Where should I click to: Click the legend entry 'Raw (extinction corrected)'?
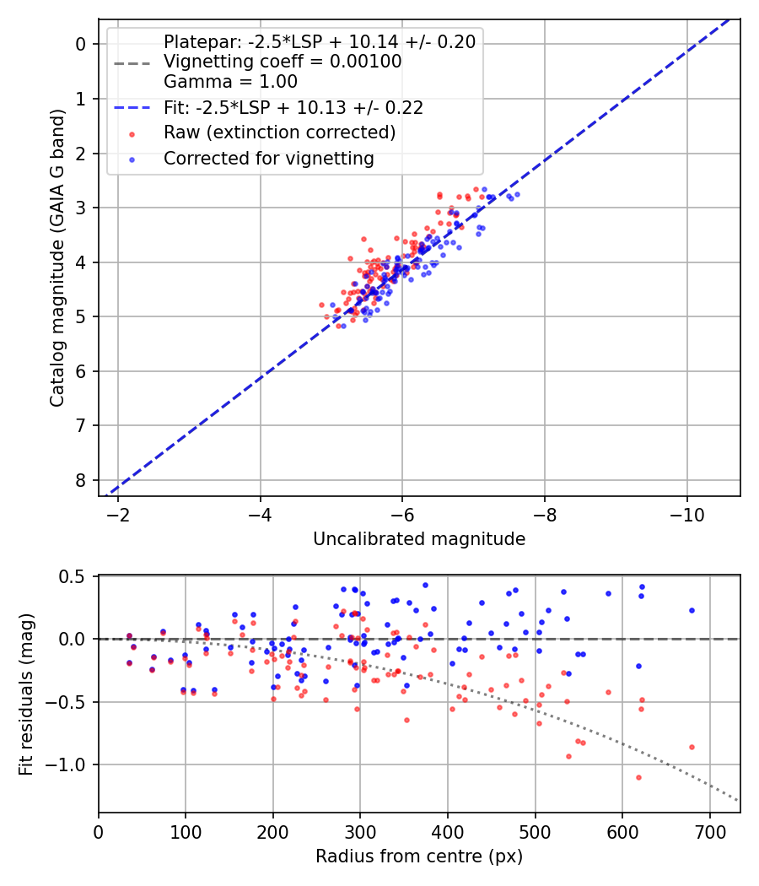pyautogui.click(x=279, y=132)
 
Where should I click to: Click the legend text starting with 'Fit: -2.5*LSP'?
pyautogui.click(x=293, y=107)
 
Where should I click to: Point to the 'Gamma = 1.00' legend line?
pyautogui.click(x=230, y=82)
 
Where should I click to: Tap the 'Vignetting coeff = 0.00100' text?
pyautogui.click(x=283, y=62)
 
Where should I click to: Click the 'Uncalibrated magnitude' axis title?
pyautogui.click(x=419, y=539)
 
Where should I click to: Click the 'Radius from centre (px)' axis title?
pyautogui.click(x=419, y=856)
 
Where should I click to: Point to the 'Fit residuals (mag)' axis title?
pyautogui.click(x=26, y=694)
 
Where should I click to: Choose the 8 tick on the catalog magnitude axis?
pyautogui.click(x=81, y=480)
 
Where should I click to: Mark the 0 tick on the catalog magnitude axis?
pyautogui.click(x=81, y=44)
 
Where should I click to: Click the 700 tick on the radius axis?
pyautogui.click(x=709, y=832)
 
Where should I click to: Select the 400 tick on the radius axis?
pyautogui.click(x=448, y=832)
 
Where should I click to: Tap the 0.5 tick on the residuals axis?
pyautogui.click(x=75, y=576)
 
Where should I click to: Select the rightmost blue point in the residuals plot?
pyautogui.click(x=692, y=610)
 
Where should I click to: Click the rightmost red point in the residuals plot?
pyautogui.click(x=692, y=747)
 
